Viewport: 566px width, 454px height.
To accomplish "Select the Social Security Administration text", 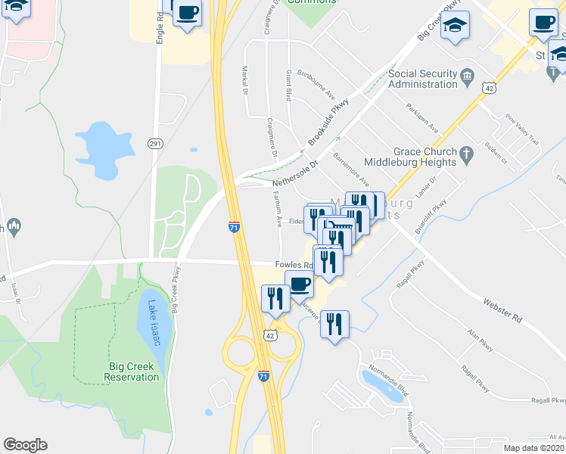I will pos(422,79).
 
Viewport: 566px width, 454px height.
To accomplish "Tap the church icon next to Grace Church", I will pos(468,156).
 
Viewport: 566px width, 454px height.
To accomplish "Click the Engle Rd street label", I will pos(160,27).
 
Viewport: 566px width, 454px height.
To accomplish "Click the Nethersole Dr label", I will pos(294,172).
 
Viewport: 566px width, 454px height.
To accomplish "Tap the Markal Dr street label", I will pos(245,79).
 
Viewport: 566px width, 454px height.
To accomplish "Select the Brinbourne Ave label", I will pos(316,86).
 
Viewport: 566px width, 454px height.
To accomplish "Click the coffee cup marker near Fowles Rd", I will pos(300,285).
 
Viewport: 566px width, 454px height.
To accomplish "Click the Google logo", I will pos(25,445).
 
